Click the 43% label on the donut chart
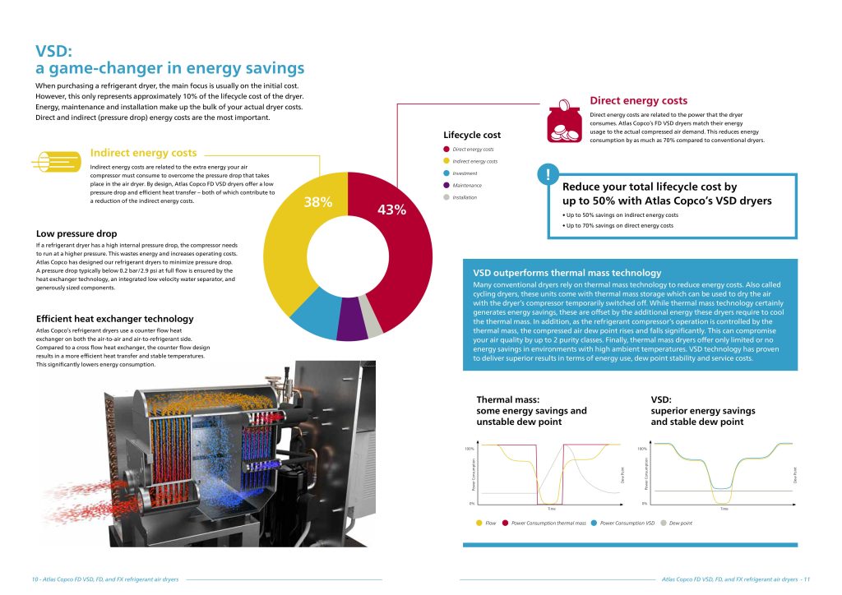391,210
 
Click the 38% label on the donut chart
317,202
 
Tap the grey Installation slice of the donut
375,326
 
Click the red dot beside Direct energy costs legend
446,150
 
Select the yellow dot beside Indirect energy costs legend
446,161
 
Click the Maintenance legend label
466,186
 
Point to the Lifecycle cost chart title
471,135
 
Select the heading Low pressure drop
76,234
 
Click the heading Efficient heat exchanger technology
115,319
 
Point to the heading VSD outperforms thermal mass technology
567,272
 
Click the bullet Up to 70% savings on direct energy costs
618,225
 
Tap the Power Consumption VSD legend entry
627,523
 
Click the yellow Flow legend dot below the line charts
479,523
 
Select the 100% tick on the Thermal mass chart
469,449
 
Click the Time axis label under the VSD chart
724,509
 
